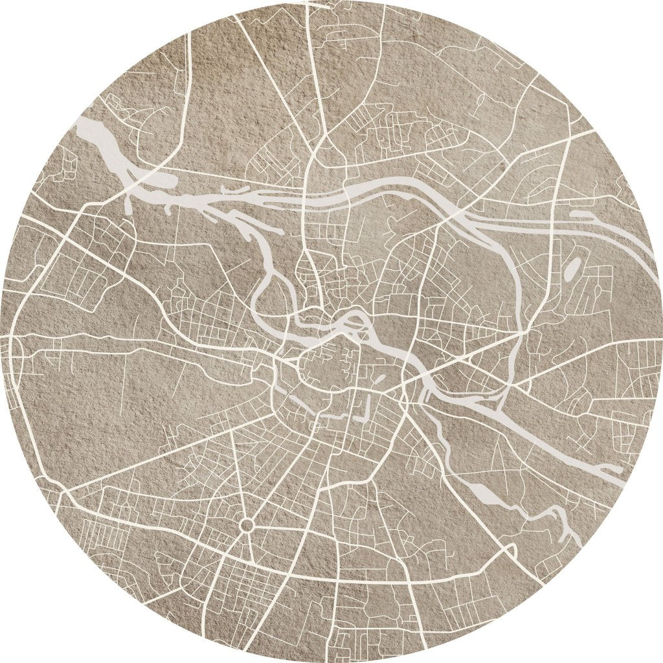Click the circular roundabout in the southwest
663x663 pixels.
point(247,524)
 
